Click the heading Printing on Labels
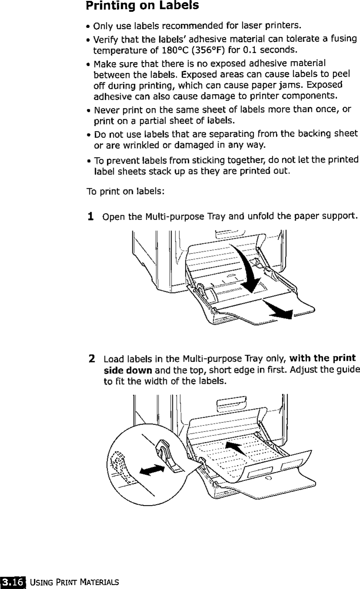click(x=136, y=7)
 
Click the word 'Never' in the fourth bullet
click(x=105, y=108)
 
